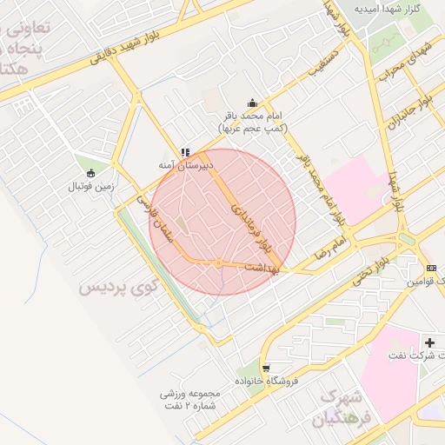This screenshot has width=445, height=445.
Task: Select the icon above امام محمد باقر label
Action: (x=252, y=102)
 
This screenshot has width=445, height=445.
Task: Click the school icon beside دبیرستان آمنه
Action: (x=183, y=152)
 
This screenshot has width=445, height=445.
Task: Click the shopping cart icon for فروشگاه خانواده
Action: (x=265, y=368)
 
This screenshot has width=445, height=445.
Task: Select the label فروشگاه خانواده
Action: (x=267, y=381)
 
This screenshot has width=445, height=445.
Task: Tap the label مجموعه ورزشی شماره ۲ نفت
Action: (x=191, y=399)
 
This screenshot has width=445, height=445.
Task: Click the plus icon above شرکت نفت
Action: (x=429, y=342)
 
